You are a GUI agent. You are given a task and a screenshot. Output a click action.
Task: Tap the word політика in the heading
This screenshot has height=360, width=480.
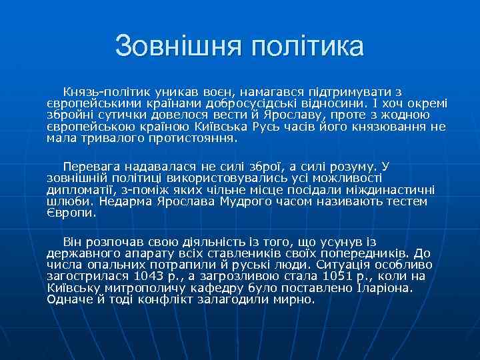pyautogui.click(x=308, y=47)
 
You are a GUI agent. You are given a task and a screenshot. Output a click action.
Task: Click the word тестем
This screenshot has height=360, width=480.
pyautogui.click(x=405, y=201)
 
